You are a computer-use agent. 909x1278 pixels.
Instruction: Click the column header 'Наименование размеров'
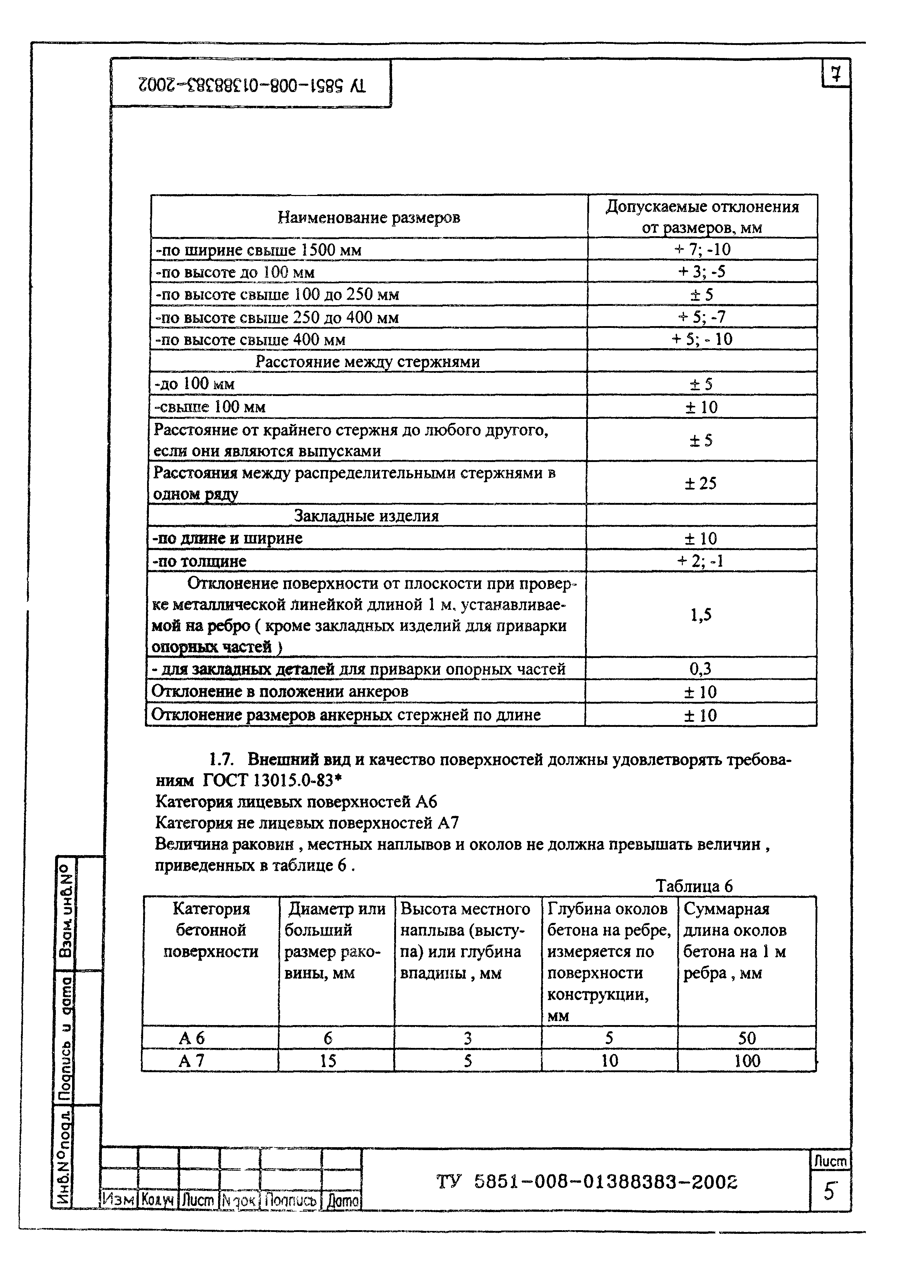pos(368,217)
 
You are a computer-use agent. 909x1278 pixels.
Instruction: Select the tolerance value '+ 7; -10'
pos(702,249)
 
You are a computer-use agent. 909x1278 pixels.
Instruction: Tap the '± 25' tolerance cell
pos(700,483)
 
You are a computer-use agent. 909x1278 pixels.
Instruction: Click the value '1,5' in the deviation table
pos(700,615)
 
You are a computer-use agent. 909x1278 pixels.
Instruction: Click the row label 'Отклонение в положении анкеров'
pos(280,691)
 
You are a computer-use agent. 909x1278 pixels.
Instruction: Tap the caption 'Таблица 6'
pos(693,886)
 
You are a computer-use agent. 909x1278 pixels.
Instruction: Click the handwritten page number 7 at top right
pos(835,74)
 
